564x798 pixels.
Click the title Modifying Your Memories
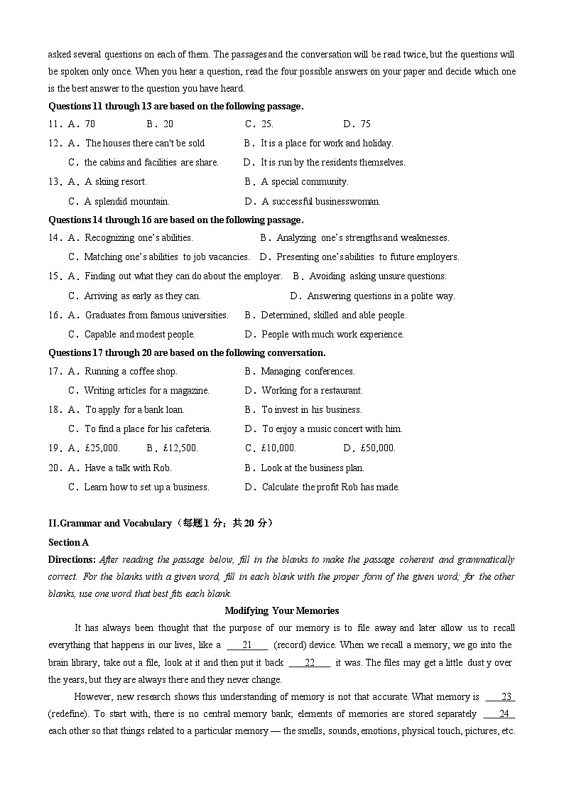pyautogui.click(x=281, y=610)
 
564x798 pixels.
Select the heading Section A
pyautogui.click(x=68, y=542)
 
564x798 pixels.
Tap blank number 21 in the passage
pyautogui.click(x=247, y=645)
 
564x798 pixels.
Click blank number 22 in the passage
pyautogui.click(x=309, y=663)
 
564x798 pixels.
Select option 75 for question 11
pyautogui.click(x=365, y=124)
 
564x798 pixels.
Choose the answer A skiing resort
pyautogui.click(x=115, y=182)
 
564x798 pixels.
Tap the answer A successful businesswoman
pyautogui.click(x=321, y=201)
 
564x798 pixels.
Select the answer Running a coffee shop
pyautogui.click(x=131, y=372)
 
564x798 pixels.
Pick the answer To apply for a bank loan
pyautogui.click(x=134, y=410)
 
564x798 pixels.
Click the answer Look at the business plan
pyautogui.click(x=313, y=468)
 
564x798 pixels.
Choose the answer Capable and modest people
pyautogui.click(x=139, y=335)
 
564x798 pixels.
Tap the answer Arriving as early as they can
pyautogui.click(x=142, y=296)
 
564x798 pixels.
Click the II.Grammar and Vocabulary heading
pyautogui.click(x=110, y=524)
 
